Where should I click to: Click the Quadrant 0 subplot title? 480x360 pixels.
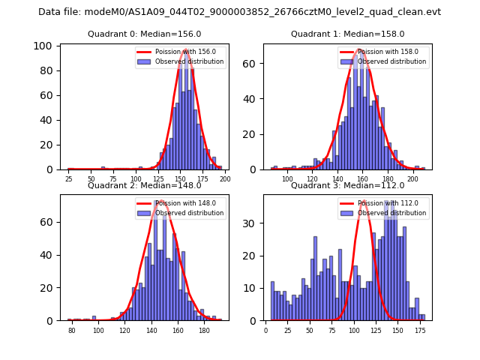click(144, 34)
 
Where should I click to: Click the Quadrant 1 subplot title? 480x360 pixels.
click(347, 34)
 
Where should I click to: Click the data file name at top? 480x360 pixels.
click(239, 12)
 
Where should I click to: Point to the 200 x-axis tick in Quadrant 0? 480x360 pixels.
click(224, 179)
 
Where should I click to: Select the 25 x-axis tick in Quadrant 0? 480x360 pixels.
click(69, 179)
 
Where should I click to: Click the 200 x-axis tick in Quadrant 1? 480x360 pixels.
click(412, 179)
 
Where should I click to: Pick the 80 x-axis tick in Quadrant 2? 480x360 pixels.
click(72, 330)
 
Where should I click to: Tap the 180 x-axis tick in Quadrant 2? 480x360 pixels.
click(205, 330)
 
